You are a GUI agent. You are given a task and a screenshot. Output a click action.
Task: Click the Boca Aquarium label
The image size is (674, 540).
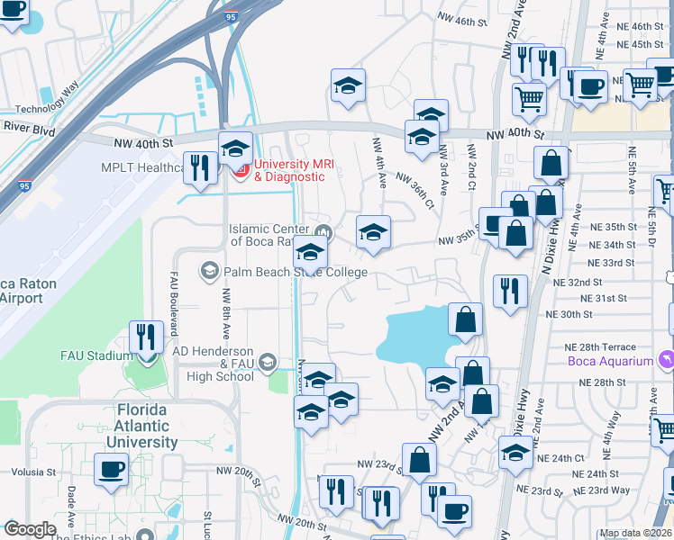pyautogui.click(x=610, y=362)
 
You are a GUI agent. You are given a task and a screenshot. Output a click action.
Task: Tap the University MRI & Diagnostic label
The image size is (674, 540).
pyautogui.click(x=288, y=170)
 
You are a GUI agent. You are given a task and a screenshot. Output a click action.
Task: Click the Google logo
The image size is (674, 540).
pyautogui.click(x=30, y=529)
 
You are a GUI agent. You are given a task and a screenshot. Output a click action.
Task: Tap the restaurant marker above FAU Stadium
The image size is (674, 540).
pyautogui.click(x=144, y=337)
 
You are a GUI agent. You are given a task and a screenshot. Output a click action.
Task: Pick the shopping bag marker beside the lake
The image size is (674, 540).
pyautogui.click(x=465, y=319)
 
